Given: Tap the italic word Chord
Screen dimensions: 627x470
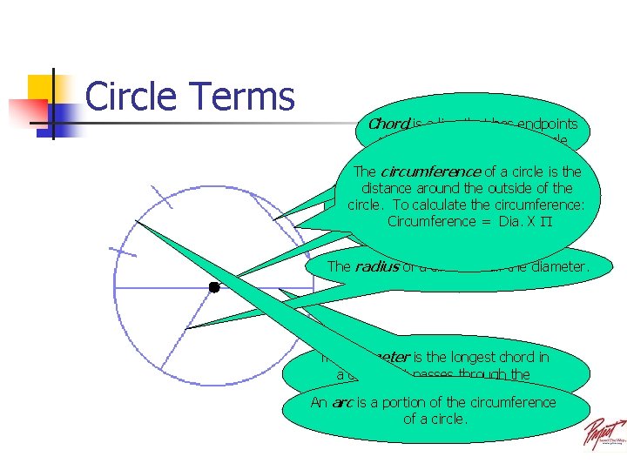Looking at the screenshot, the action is click(388, 124).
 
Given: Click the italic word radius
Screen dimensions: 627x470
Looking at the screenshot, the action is click(376, 266).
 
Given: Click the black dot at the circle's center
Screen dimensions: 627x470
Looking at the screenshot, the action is click(213, 286).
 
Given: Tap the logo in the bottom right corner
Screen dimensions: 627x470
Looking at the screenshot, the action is click(603, 433).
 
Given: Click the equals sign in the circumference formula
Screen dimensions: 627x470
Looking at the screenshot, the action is click(480, 221).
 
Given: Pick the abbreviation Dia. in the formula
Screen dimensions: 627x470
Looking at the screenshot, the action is click(506, 221).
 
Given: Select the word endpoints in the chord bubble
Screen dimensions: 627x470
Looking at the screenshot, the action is click(544, 124).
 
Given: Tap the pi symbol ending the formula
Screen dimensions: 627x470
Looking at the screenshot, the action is click(547, 221).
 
